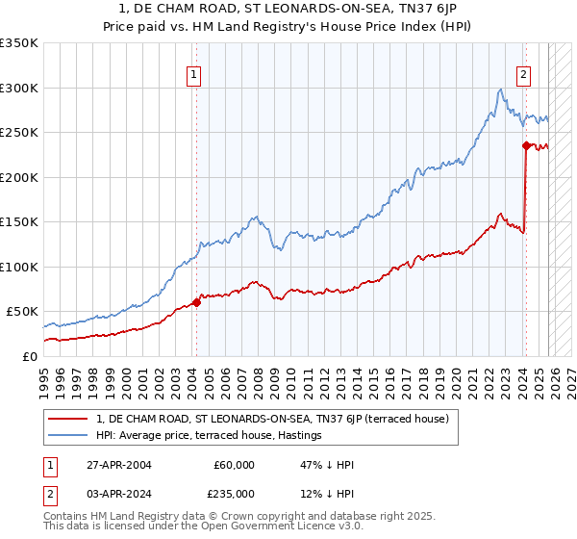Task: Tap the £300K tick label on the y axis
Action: [19, 88]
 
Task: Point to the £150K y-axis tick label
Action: [19, 221]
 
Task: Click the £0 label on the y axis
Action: [29, 356]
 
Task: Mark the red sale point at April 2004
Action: [196, 302]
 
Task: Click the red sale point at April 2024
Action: [526, 145]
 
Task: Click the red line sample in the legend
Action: [69, 419]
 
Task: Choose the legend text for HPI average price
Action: [209, 436]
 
